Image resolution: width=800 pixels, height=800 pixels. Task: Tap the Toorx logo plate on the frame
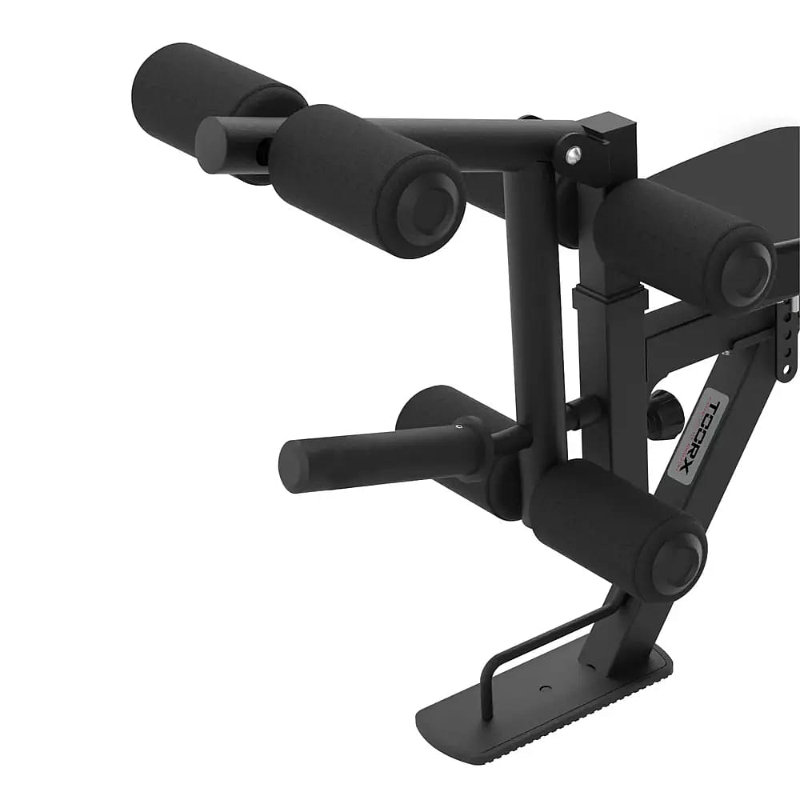tap(694, 436)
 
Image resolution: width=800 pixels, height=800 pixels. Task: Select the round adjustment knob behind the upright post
tap(665, 414)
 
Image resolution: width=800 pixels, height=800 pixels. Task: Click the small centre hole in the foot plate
tap(545, 687)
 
